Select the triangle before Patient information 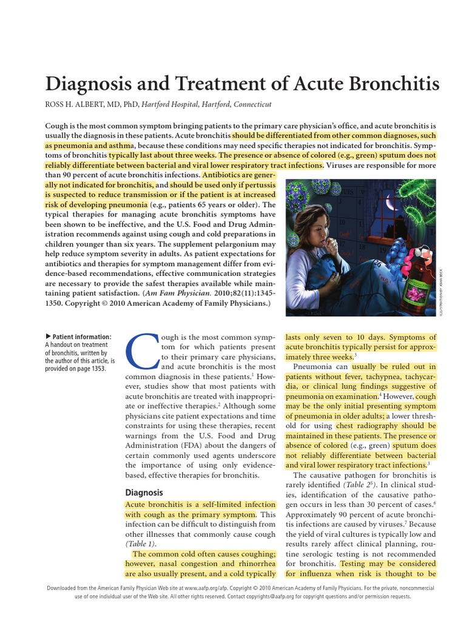tap(49, 337)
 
